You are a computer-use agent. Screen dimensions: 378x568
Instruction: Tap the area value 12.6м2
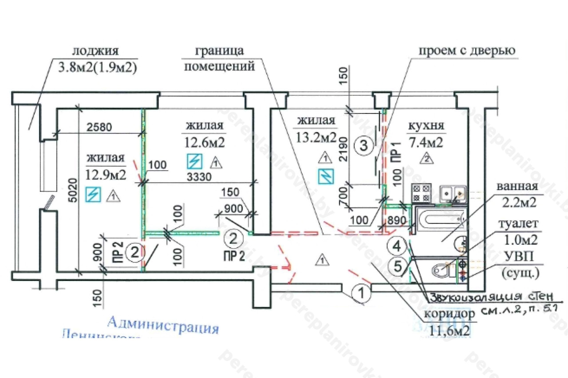[204, 142]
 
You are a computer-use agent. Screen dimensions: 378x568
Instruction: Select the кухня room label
[426, 126]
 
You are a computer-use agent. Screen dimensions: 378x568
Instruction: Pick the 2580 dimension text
[99, 127]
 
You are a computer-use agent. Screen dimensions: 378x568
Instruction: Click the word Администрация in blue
[163, 325]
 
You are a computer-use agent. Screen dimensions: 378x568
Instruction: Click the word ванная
[517, 187]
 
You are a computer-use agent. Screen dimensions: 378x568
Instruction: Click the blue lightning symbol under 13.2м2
[325, 176]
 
